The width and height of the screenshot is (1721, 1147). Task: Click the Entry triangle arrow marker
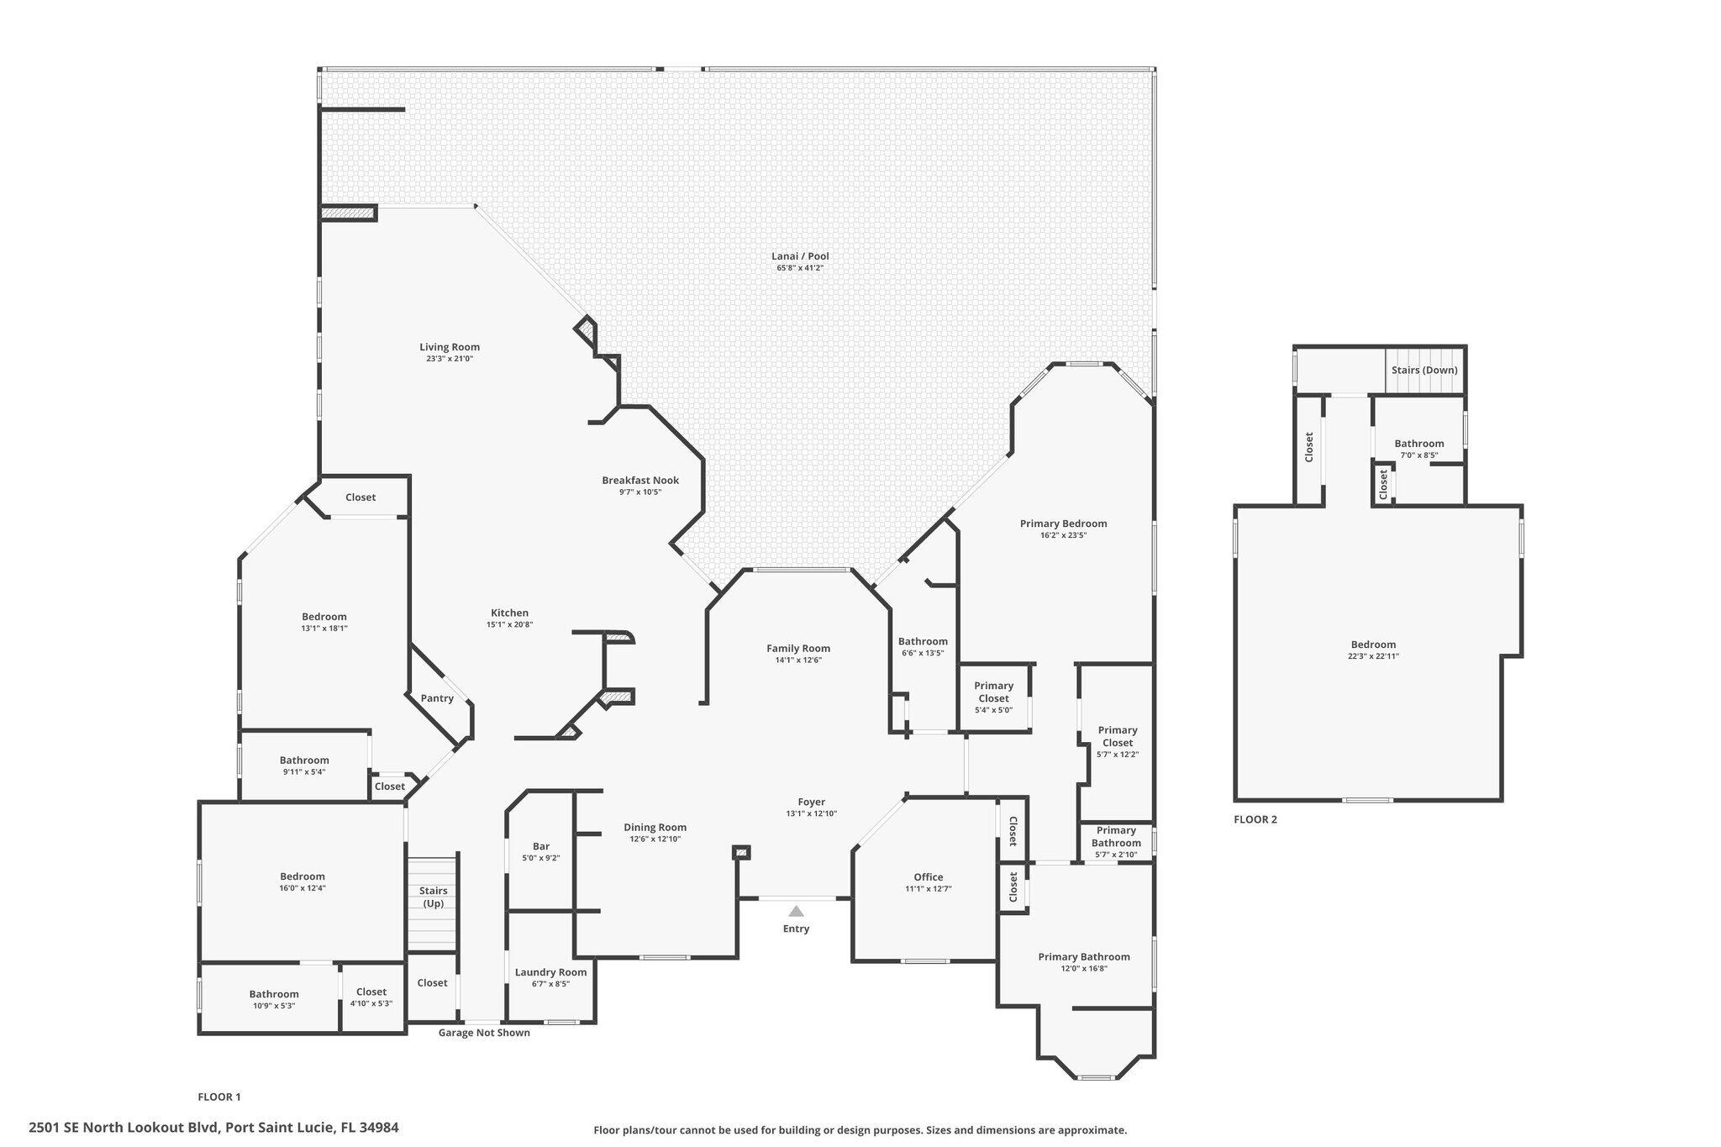[x=796, y=911]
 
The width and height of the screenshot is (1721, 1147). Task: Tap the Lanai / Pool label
[x=800, y=256]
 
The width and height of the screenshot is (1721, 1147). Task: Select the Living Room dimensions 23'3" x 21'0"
[x=450, y=359]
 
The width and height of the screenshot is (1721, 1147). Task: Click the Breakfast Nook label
[x=640, y=481]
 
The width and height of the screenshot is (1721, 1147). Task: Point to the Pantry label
[x=437, y=698]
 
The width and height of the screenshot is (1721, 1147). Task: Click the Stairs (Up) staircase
[x=433, y=903]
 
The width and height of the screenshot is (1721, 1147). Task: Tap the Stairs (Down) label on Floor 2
[x=1424, y=370]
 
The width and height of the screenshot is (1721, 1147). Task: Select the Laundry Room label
[x=550, y=972]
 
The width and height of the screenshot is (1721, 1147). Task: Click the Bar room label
[x=541, y=846]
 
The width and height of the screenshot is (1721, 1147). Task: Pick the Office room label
[x=929, y=877]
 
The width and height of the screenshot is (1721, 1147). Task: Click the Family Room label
[x=798, y=648]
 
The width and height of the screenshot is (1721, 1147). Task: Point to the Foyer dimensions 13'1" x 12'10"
[x=812, y=813]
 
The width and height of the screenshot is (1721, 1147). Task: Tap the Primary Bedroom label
[x=1063, y=524]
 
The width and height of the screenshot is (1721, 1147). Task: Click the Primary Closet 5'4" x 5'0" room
[x=994, y=697]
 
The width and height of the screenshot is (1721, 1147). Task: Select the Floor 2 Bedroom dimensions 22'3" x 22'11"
[x=1373, y=656]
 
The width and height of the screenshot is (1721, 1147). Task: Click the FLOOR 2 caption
[x=1255, y=819]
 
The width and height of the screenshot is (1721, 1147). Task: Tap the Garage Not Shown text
[x=484, y=1033]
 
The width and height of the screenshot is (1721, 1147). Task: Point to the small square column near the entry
[x=741, y=853]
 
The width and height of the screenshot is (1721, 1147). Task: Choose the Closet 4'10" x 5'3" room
[x=371, y=997]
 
